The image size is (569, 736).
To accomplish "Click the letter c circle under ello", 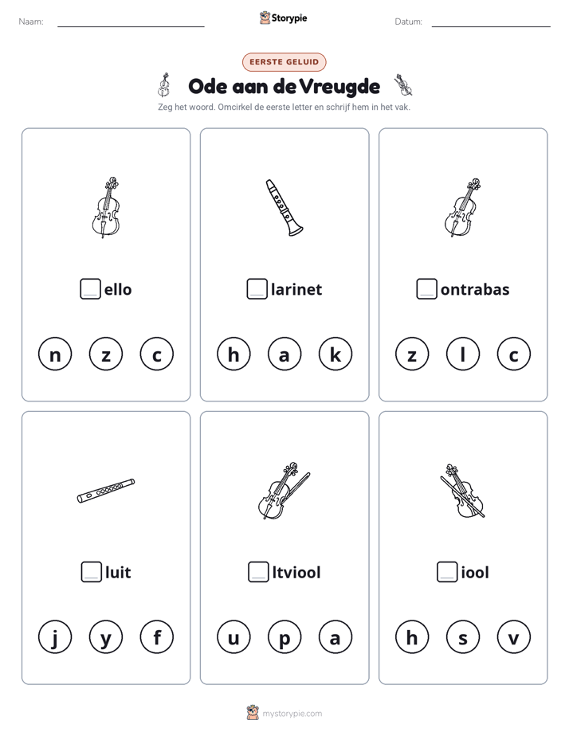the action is [157, 354].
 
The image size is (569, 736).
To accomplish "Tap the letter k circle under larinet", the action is [336, 354].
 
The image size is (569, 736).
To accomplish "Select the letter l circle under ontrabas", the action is [463, 354].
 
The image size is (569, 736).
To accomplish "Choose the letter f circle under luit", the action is [157, 637].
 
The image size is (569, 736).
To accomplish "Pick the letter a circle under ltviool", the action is [336, 637].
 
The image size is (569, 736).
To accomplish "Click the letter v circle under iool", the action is [513, 637].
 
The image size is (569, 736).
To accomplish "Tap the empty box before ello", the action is [90, 289].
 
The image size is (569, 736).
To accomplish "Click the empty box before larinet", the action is [257, 289].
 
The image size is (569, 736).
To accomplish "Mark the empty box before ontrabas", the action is [426, 289].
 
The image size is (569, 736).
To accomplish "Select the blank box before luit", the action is [91, 572].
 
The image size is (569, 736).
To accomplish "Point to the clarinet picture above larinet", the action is [284, 207].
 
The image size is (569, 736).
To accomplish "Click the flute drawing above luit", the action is [106, 491].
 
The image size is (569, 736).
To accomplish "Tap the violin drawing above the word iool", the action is [462, 491].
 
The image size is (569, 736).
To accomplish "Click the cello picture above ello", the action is [106, 207].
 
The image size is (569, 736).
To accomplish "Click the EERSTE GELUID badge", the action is [284, 62].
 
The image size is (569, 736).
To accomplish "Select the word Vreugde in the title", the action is [339, 87].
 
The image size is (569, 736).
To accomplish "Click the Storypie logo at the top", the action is [283, 18].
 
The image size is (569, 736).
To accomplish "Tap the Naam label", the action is [31, 22].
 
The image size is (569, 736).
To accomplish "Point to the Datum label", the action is [408, 22].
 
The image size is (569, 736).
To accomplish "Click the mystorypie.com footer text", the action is [292, 714].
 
